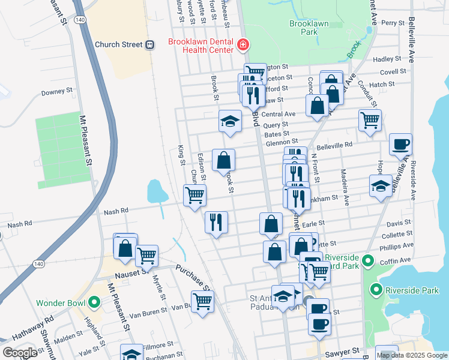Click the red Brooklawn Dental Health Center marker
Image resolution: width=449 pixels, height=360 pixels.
243,44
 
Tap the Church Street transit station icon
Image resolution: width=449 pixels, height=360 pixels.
150,44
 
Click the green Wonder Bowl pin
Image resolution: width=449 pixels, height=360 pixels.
94,302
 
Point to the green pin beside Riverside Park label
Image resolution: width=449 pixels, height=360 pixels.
376,290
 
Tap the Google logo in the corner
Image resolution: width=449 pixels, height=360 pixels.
19,353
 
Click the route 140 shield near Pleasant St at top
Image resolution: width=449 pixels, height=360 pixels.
79,20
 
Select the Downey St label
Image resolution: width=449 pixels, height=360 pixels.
56,92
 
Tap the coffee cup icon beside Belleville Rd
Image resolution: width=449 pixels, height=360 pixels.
400,145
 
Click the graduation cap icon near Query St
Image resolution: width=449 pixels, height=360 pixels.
230,121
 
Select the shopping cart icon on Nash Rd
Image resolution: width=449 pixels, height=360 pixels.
194,196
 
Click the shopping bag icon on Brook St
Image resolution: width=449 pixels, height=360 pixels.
223,160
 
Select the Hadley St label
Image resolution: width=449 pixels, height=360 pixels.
387,59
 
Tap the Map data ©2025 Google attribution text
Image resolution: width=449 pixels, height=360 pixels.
412,355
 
